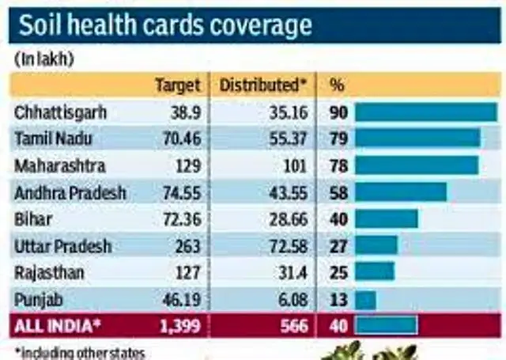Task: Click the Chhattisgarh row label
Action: tap(60, 112)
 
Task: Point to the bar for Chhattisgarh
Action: tap(425, 112)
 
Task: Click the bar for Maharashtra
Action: tap(417, 165)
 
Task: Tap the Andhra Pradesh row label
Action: tap(70, 192)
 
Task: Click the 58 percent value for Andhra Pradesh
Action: tap(338, 192)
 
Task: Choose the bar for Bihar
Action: tap(386, 219)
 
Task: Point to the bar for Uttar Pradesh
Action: tap(376, 246)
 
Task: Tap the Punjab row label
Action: tap(37, 300)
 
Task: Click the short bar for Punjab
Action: tap(365, 300)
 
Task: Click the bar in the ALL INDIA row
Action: tap(386, 326)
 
